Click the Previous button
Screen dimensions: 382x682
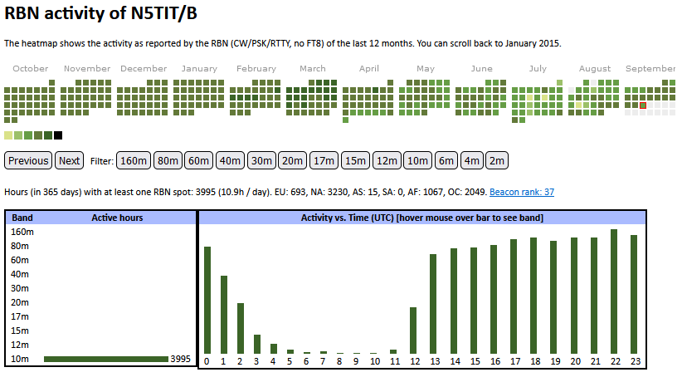[29, 160]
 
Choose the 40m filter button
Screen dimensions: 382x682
[231, 160]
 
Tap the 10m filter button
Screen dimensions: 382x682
[417, 160]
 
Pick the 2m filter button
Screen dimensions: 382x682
[496, 160]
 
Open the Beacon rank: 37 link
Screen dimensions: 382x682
[522, 192]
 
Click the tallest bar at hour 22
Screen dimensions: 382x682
[614, 291]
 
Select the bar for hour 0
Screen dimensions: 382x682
[207, 300]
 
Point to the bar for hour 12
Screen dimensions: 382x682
[413, 331]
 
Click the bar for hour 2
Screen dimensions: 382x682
[241, 328]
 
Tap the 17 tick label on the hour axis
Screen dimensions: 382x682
[514, 361]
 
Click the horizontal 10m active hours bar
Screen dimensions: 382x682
[105, 359]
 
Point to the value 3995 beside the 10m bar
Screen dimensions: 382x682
[180, 359]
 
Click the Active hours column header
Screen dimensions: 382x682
[117, 218]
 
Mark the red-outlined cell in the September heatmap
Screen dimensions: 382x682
[642, 105]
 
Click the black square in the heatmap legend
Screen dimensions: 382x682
[58, 135]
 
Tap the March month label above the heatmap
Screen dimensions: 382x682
[313, 69]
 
